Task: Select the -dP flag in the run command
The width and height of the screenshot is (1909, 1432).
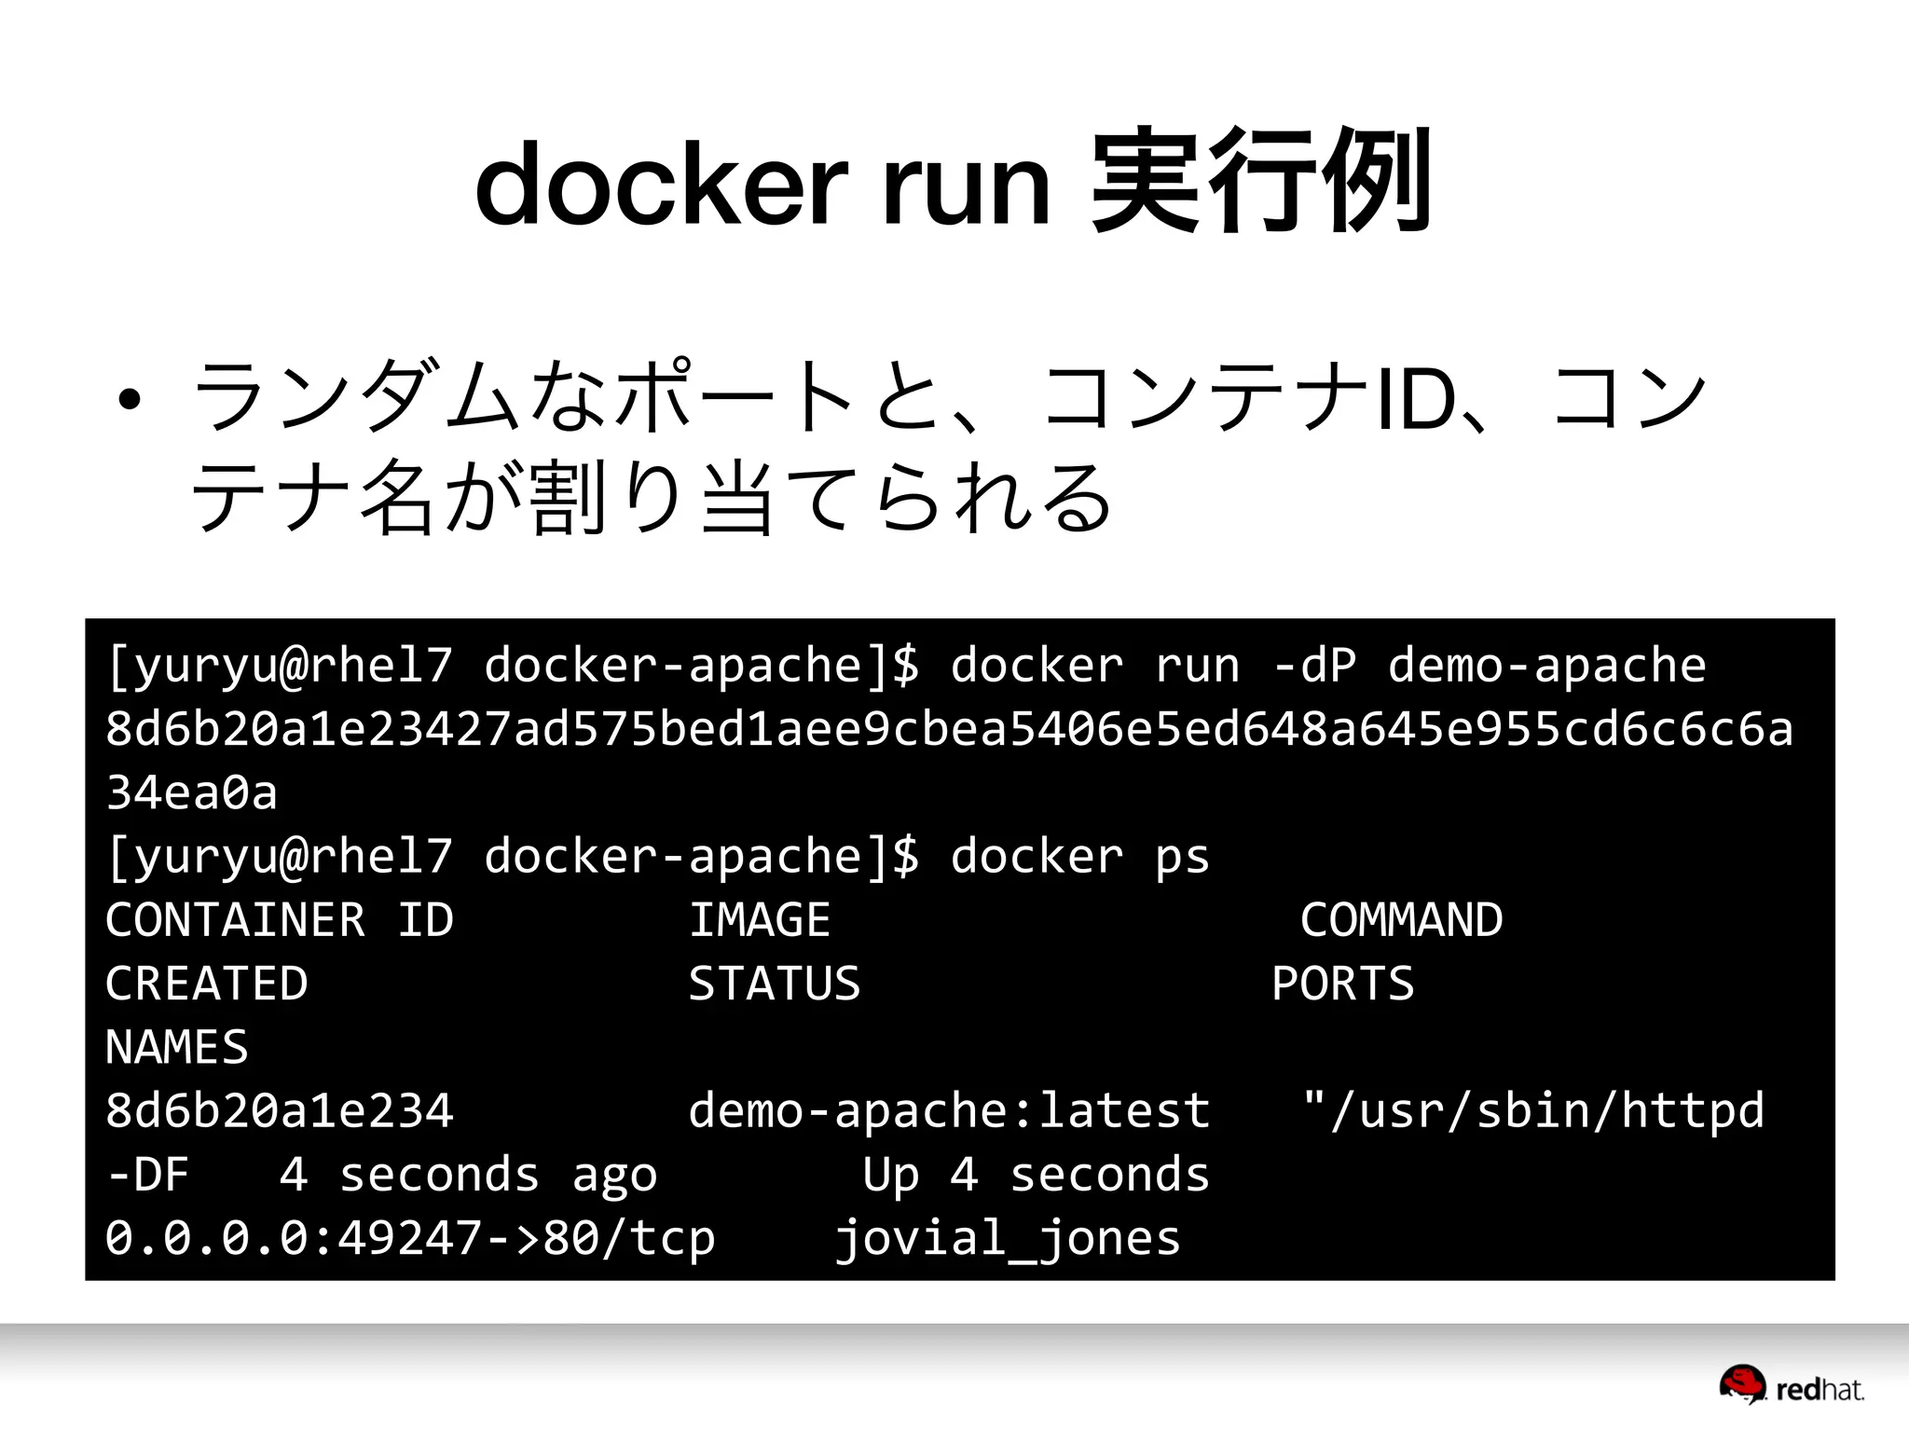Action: click(x=1314, y=666)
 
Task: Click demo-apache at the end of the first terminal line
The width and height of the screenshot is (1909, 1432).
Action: click(x=1546, y=666)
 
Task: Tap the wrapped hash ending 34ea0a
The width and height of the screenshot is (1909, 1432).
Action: click(x=192, y=792)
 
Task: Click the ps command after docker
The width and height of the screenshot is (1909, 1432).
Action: click(x=1181, y=857)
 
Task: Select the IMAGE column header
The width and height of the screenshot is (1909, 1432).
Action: click(x=759, y=920)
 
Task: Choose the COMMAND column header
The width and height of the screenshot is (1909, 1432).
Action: click(x=1401, y=920)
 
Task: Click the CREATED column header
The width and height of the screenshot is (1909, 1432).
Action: click(x=206, y=984)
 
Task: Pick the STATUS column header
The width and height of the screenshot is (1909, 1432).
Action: click(x=774, y=984)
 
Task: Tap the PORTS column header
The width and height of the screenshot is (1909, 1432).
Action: click(x=1342, y=984)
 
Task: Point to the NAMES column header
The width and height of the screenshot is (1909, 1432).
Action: click(x=177, y=1047)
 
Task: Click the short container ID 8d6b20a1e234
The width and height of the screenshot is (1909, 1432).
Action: click(x=280, y=1111)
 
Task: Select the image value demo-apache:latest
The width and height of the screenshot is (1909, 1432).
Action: click(x=949, y=1111)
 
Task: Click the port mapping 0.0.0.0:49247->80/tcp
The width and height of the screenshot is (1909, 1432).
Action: click(x=410, y=1238)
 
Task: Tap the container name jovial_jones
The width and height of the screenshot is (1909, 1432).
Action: click(x=1008, y=1239)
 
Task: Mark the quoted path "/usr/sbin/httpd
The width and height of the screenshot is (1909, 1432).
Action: click(x=1532, y=1111)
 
